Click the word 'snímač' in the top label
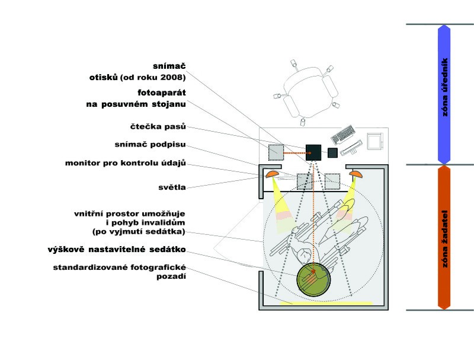click(x=168, y=65)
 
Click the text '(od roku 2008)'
click(x=153, y=78)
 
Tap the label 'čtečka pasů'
click(x=158, y=127)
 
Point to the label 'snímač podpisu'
click(x=150, y=145)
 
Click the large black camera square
click(x=313, y=152)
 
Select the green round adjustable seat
click(x=314, y=280)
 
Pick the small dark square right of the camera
click(x=333, y=152)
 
